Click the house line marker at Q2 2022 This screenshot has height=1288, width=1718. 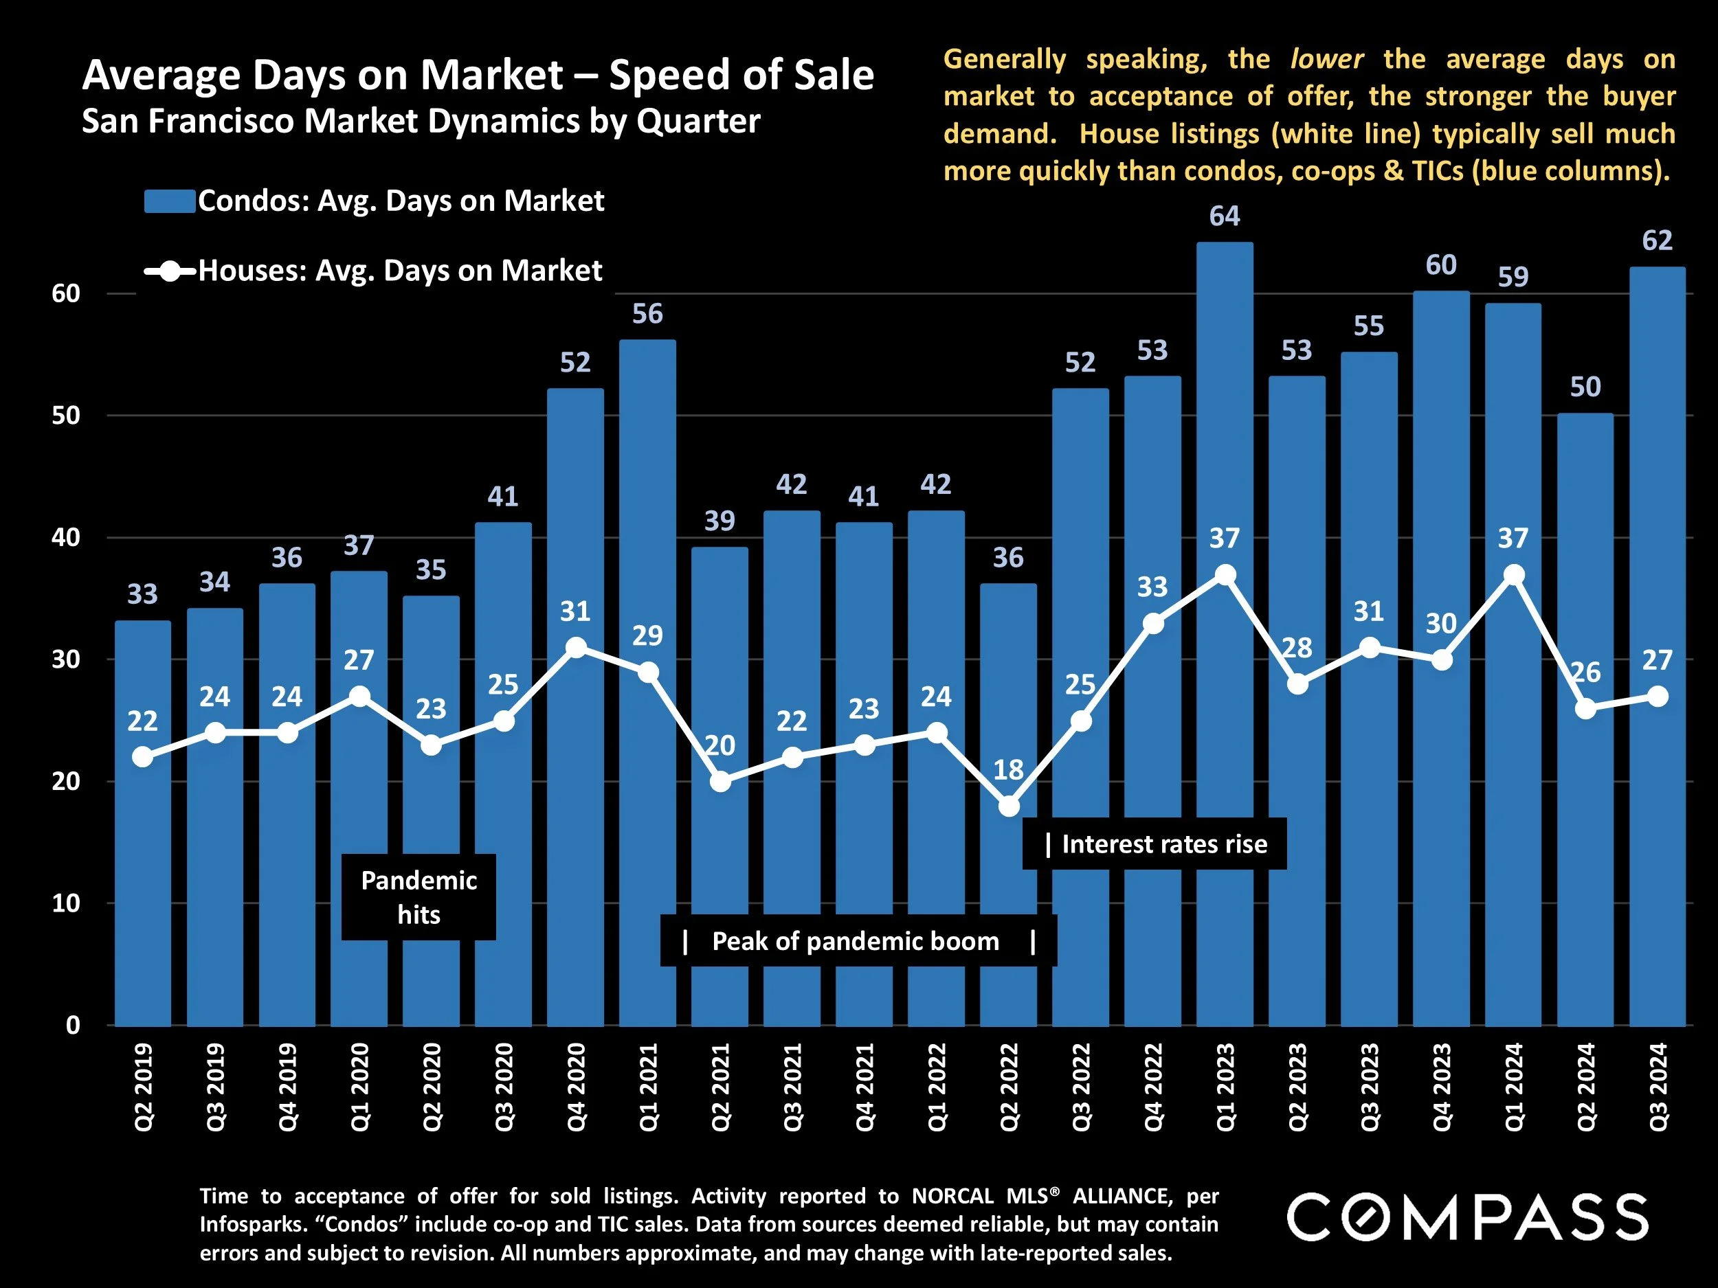tap(1008, 806)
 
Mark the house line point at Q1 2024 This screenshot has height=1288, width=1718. tap(1513, 574)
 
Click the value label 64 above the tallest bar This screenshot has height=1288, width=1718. tap(1224, 216)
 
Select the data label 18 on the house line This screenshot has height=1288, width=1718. tap(1008, 769)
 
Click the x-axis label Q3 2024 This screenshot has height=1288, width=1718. tap(1658, 1087)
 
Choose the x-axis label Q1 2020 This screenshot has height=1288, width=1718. tap(359, 1087)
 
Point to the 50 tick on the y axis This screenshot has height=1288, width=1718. tap(66, 416)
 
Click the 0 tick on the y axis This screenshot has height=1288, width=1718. tap(73, 1025)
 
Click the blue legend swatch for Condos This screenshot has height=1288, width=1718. tap(169, 201)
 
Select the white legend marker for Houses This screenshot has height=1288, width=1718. tap(169, 271)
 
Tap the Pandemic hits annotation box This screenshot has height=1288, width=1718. tap(419, 896)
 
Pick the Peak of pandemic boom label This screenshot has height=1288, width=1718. tap(855, 941)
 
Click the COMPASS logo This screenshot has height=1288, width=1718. tap(1466, 1217)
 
